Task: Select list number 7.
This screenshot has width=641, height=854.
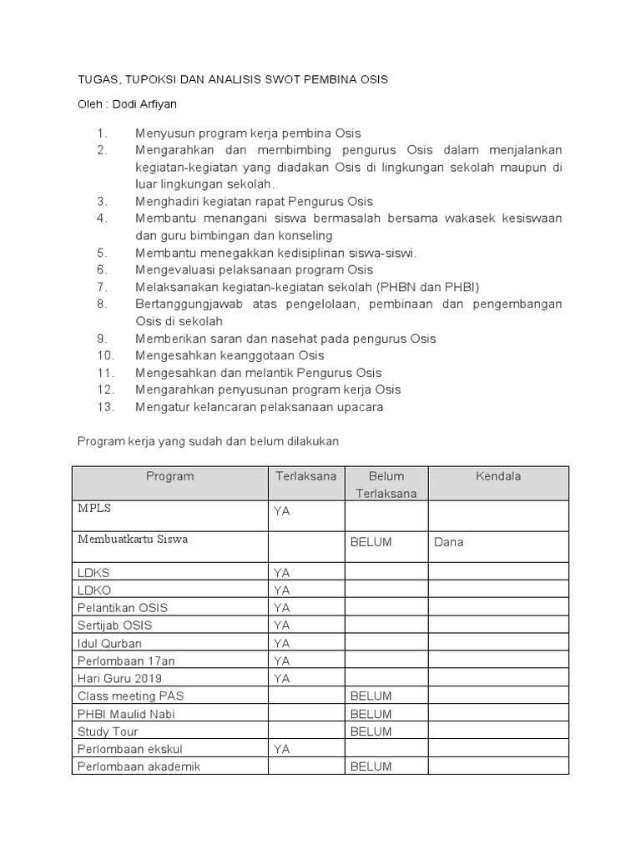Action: pos(103,287)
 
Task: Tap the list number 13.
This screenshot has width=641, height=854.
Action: pos(104,407)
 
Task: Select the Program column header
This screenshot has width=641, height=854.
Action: pos(169,476)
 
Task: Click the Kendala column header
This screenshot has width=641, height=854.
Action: pos(497,476)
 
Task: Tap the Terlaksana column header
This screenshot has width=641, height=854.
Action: pos(306,476)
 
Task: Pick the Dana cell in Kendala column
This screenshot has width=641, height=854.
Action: pos(448,542)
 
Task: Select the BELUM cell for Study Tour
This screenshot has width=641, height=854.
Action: pos(371,731)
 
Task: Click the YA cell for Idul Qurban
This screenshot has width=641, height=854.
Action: pos(282,643)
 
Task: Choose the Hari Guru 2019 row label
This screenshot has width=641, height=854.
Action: pos(119,678)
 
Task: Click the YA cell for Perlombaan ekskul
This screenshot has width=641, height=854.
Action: pos(282,749)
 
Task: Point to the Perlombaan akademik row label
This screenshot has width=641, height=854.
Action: pos(139,766)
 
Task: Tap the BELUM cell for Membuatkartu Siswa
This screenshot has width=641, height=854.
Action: pos(371,542)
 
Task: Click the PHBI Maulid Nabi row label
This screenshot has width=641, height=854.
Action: pos(126,714)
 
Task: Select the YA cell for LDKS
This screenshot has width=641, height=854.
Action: pos(282,573)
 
